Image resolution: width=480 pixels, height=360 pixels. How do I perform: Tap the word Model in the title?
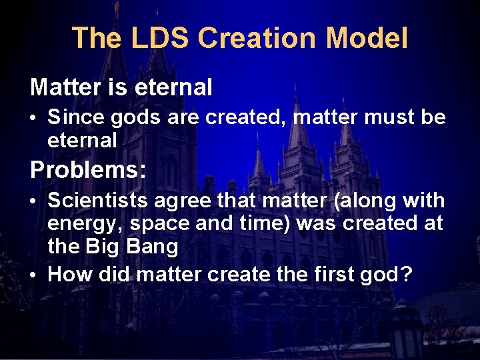pos(367,38)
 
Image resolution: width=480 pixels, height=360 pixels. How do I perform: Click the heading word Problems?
pos(88,170)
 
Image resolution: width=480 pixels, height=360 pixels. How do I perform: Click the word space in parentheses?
pos(157,224)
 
